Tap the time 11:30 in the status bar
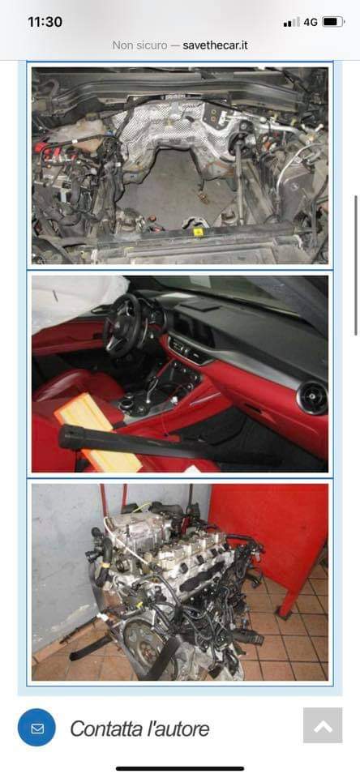coord(45,22)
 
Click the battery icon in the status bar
coord(333,22)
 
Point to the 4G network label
coord(311,22)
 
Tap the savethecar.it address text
coord(215,45)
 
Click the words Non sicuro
coord(139,45)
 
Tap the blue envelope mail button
coord(36,728)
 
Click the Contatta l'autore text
coord(139,729)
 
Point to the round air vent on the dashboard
coord(313,398)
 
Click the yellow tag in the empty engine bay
coord(198,232)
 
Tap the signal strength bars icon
coord(291,22)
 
